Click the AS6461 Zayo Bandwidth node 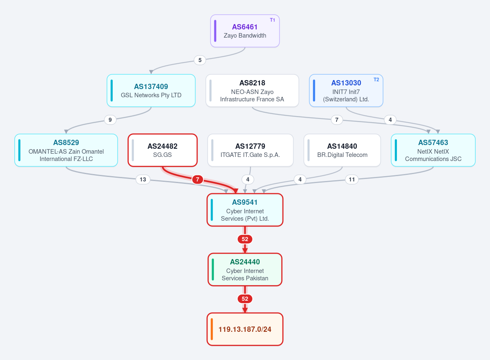click(x=245, y=31)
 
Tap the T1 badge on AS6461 click(x=272, y=20)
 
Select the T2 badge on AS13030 click(x=376, y=80)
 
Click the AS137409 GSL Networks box click(x=151, y=91)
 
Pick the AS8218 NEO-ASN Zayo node click(x=252, y=91)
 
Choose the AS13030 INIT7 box click(x=346, y=91)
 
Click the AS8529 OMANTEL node click(x=66, y=150)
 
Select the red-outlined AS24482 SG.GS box click(x=163, y=150)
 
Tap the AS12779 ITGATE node click(x=250, y=150)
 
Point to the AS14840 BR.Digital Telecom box click(x=342, y=150)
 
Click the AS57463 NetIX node click(x=433, y=150)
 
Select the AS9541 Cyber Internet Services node click(x=245, y=210)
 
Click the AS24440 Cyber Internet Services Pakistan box click(x=245, y=269)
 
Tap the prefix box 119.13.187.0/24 click(x=245, y=329)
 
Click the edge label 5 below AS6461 click(x=200, y=60)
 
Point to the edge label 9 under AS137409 click(x=110, y=120)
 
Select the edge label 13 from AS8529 click(x=143, y=179)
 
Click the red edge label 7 click(x=198, y=179)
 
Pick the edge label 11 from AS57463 click(x=352, y=179)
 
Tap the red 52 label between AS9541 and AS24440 click(x=245, y=239)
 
